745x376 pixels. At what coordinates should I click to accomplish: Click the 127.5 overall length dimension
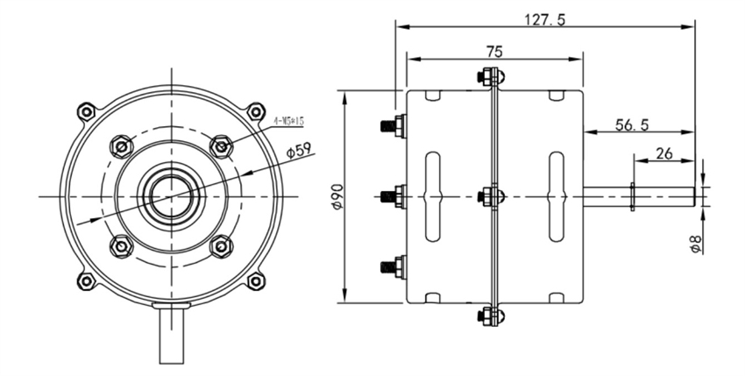(x=544, y=17)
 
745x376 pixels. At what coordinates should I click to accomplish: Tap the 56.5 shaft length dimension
(x=631, y=125)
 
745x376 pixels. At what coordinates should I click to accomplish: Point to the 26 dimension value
(x=663, y=153)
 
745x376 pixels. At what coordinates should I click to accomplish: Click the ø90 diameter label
(x=336, y=196)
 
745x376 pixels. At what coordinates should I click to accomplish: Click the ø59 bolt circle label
(x=301, y=151)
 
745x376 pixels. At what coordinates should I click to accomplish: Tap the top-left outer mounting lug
(x=85, y=112)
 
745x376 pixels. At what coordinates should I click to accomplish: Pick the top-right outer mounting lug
(x=254, y=112)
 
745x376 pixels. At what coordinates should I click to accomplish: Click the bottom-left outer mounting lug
(x=85, y=280)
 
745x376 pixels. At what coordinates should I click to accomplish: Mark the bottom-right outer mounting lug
(x=254, y=280)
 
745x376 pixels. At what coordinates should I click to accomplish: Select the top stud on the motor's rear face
(x=392, y=125)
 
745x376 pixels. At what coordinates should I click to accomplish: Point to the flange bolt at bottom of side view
(x=490, y=314)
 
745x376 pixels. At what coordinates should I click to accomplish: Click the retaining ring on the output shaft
(x=631, y=196)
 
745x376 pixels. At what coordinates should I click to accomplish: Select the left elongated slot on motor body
(x=431, y=196)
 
